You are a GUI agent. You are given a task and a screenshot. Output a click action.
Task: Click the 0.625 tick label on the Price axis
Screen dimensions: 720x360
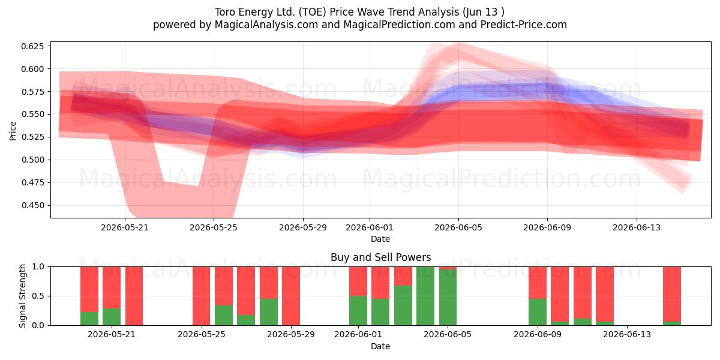(x=32, y=46)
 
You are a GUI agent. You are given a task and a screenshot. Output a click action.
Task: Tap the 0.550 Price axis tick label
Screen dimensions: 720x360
(x=32, y=115)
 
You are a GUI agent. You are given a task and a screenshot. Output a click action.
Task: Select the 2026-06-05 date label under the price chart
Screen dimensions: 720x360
(x=458, y=227)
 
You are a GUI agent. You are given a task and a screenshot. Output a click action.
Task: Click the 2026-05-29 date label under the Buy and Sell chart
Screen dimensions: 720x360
(x=291, y=334)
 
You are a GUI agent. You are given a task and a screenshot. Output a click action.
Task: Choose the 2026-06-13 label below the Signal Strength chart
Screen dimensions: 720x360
(x=627, y=334)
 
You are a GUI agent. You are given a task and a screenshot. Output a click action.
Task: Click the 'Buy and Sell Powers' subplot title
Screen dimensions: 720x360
(x=380, y=257)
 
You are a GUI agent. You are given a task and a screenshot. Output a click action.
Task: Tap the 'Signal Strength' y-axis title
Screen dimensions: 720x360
(x=22, y=296)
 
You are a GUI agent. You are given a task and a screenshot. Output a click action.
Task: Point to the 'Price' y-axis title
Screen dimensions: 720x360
(x=13, y=131)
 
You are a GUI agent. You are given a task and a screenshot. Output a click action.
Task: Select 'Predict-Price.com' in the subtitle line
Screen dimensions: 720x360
(x=524, y=25)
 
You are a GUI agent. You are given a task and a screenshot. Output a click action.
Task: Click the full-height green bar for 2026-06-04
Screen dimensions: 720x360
(x=425, y=296)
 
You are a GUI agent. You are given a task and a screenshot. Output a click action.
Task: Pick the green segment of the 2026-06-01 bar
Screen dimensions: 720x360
(x=358, y=311)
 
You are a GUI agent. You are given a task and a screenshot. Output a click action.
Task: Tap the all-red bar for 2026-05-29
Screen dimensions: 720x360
(x=291, y=296)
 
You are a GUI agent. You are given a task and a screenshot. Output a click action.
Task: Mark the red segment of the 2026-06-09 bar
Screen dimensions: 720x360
(x=538, y=283)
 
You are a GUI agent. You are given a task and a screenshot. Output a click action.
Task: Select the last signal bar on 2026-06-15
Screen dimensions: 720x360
(x=672, y=296)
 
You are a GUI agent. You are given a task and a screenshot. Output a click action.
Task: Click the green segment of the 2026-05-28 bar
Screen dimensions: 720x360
(x=269, y=312)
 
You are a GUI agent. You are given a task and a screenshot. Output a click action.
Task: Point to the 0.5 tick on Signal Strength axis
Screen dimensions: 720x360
(x=38, y=296)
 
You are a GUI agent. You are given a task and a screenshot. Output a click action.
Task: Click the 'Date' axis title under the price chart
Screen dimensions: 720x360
(x=380, y=239)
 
